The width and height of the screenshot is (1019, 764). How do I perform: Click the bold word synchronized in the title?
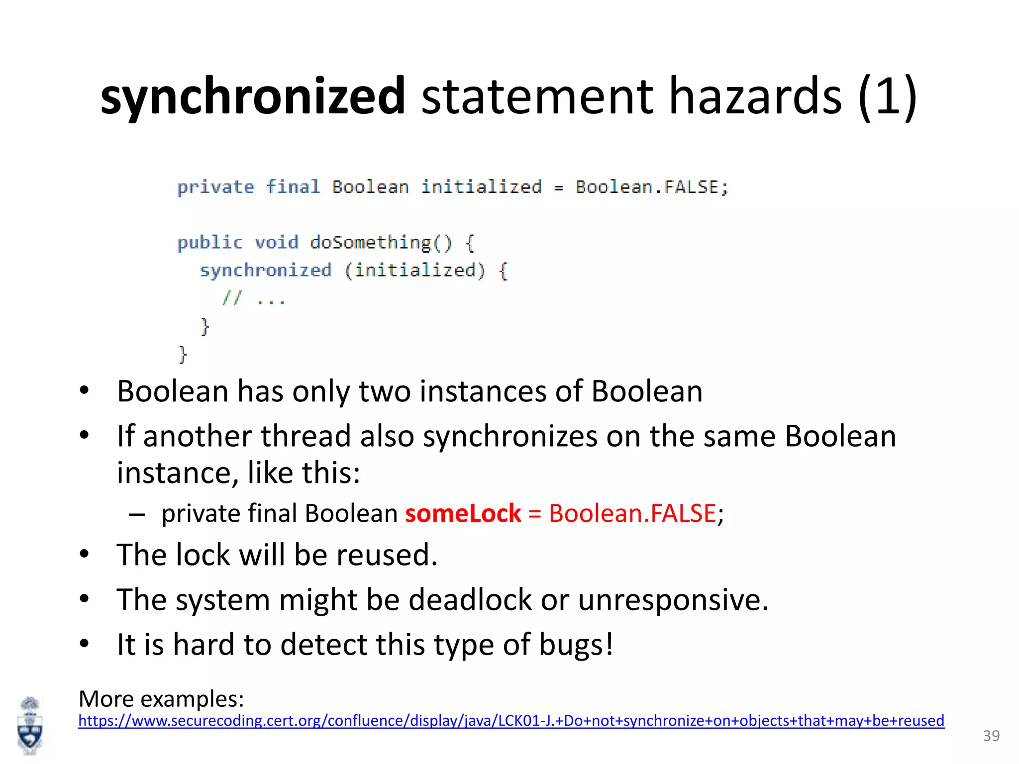tap(253, 96)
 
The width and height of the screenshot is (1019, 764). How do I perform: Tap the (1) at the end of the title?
tap(887, 96)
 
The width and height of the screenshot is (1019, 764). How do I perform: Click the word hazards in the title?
tap(755, 96)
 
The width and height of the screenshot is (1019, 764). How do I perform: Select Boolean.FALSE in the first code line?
tap(651, 187)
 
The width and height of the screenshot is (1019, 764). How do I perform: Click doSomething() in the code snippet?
tap(381, 243)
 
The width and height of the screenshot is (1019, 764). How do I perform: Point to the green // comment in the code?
tap(232, 298)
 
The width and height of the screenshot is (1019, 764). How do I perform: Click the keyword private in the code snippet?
tap(215, 188)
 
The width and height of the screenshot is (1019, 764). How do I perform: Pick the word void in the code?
tap(277, 243)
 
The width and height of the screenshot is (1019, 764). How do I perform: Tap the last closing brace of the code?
tap(183, 355)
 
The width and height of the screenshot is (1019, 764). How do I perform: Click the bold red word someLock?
tap(463, 513)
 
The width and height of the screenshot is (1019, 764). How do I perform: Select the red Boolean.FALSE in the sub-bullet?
tap(632, 513)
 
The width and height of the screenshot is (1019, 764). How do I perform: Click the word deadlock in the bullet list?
tap(470, 599)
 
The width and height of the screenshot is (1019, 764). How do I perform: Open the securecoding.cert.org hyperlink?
tap(511, 721)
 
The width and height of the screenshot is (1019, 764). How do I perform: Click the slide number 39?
tap(991, 736)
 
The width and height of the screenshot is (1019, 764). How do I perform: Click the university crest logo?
tap(30, 726)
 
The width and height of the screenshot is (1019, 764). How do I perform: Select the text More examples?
tap(161, 699)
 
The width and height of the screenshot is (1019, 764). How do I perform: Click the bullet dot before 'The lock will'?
tap(84, 554)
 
